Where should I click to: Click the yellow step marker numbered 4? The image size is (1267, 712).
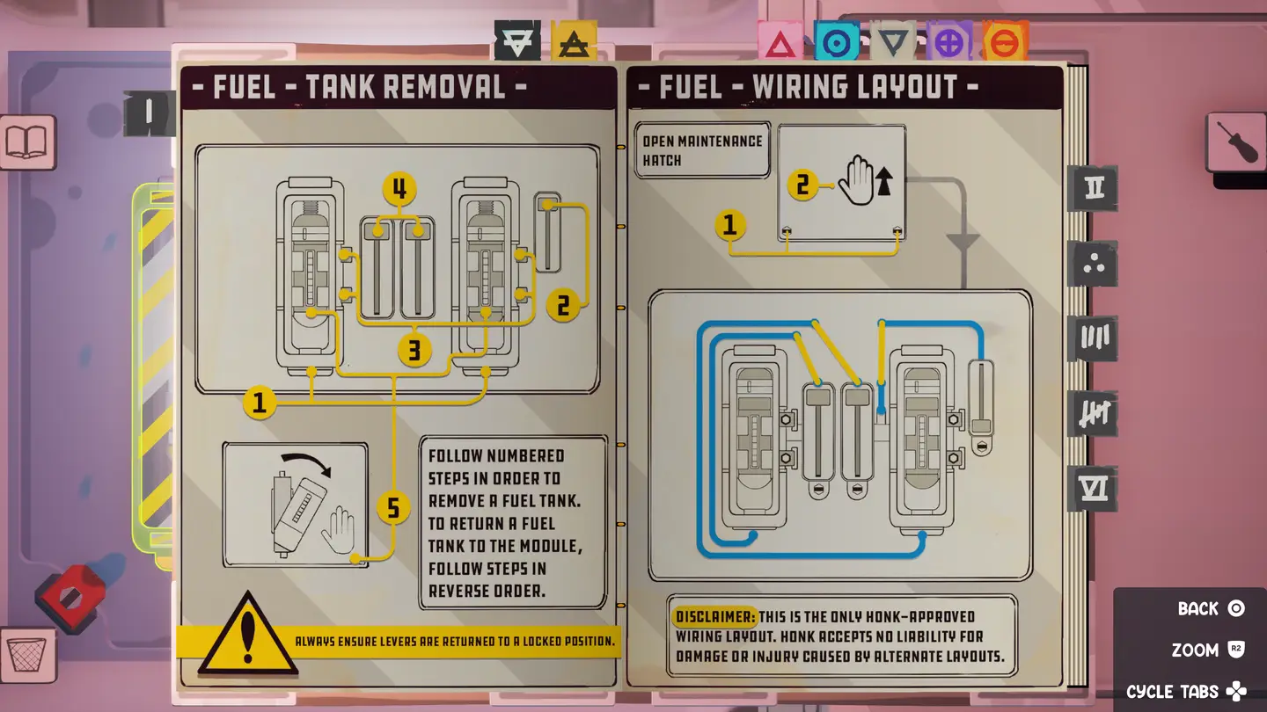[x=399, y=189]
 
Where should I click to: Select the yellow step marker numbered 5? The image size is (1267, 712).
[x=392, y=507]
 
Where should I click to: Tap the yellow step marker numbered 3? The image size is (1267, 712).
[x=414, y=350]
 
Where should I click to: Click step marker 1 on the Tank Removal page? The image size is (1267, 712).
[x=260, y=403]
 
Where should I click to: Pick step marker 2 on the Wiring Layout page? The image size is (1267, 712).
[x=802, y=185]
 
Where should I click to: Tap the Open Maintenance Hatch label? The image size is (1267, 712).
[x=702, y=150]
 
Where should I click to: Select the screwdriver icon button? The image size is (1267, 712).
[x=1235, y=142]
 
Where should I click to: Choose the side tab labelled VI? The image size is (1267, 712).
[x=1093, y=489]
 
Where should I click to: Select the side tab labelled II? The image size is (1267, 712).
[x=1093, y=188]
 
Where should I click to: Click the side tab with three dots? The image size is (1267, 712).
[x=1093, y=264]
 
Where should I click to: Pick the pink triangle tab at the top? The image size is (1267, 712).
[x=780, y=42]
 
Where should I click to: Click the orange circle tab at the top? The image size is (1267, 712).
[x=1005, y=42]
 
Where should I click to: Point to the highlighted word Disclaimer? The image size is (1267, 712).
[x=714, y=615]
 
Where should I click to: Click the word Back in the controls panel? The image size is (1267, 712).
[x=1197, y=608]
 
